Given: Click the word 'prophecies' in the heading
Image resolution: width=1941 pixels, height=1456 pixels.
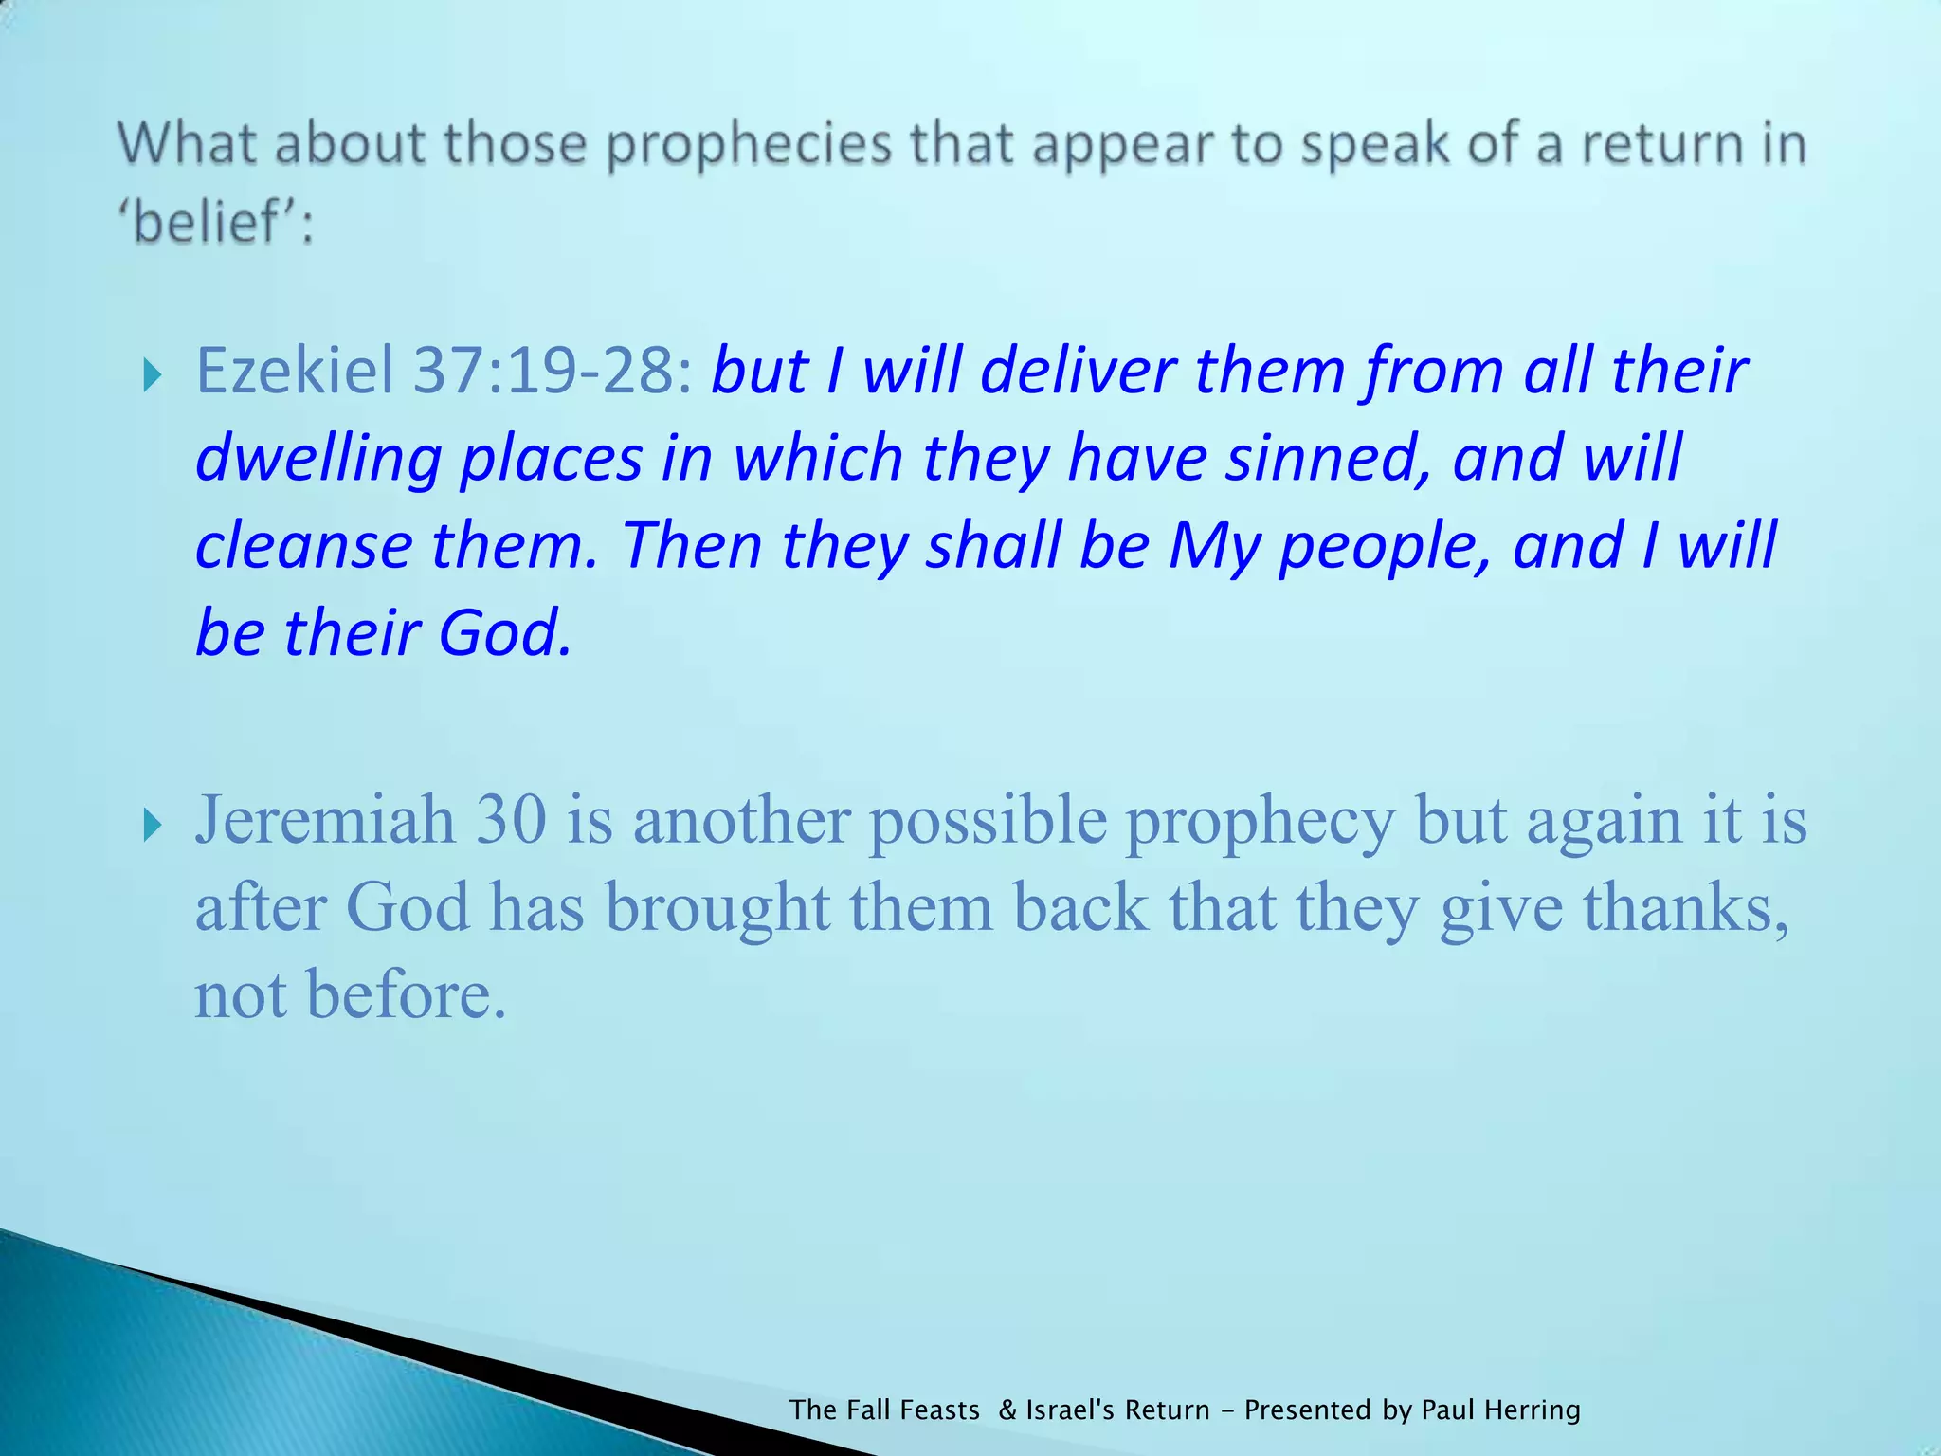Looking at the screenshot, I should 749,145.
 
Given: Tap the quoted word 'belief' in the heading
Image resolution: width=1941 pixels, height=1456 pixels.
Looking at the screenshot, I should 213,224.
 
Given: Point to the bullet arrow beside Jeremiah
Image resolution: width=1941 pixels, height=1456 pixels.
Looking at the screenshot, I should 152,826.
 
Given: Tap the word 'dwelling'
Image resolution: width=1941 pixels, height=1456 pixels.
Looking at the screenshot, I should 318,459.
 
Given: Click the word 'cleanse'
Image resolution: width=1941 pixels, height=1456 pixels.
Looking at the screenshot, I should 303,546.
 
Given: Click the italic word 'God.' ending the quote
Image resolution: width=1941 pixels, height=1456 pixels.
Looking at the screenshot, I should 505,633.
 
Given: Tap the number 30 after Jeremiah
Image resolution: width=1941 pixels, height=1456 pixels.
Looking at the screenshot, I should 511,819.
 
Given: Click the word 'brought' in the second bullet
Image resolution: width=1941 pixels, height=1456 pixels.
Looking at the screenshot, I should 717,908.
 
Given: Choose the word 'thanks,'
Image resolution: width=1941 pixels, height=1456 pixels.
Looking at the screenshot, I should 1686,908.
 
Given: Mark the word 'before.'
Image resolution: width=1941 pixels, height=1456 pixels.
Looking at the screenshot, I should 407,995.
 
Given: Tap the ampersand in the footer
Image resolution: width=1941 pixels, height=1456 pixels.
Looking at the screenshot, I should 1007,1410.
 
